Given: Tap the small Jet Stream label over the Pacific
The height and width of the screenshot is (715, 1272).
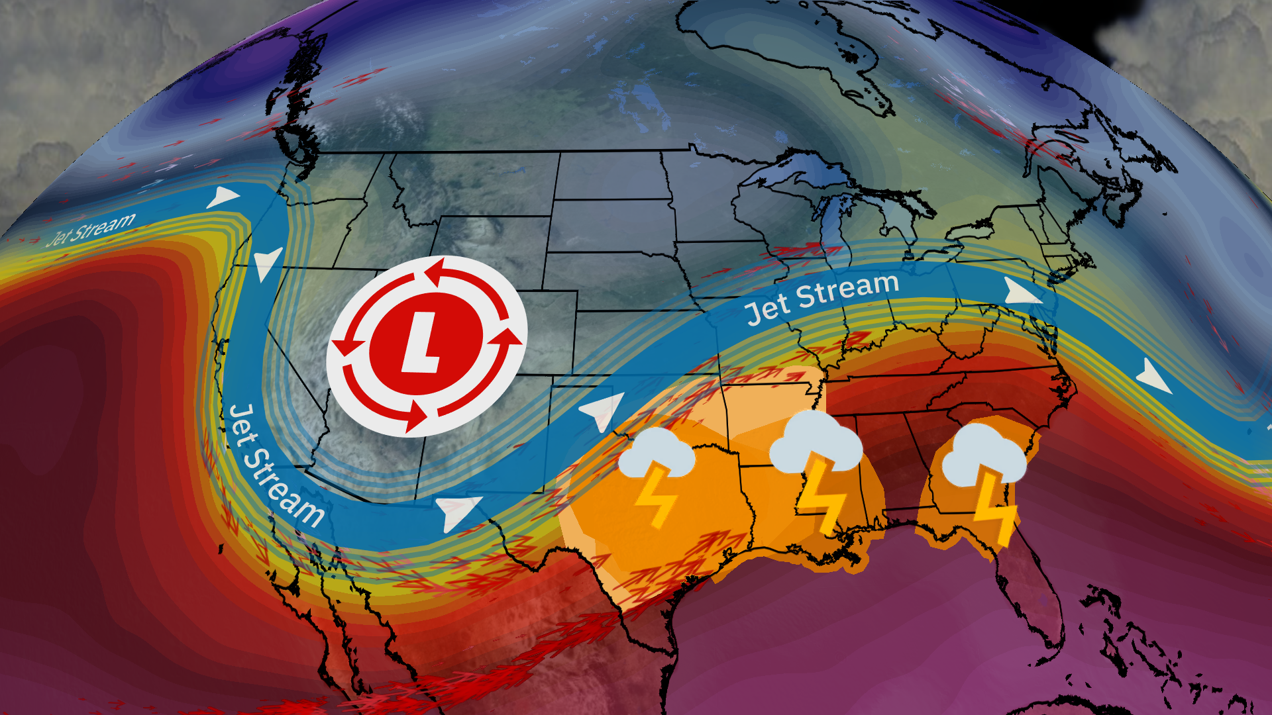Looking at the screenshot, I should [x=91, y=229].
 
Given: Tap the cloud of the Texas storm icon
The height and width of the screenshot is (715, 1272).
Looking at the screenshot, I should [x=656, y=454].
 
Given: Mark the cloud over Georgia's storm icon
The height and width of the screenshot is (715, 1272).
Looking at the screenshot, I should [x=983, y=455].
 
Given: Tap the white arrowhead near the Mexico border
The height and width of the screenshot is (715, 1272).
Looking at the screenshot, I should [x=457, y=511].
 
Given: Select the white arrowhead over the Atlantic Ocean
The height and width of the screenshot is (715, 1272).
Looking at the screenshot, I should [x=1153, y=377].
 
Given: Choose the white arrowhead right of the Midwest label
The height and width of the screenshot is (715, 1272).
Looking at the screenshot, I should [x=1020, y=291].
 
